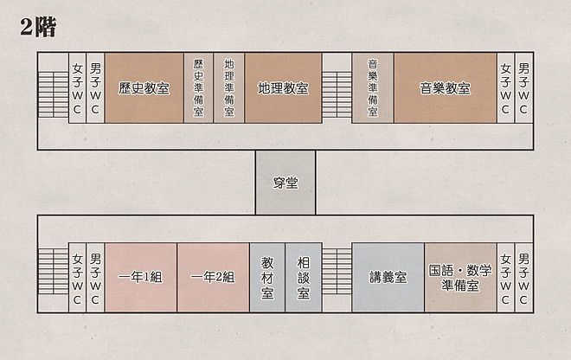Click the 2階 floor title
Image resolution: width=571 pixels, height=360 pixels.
39,28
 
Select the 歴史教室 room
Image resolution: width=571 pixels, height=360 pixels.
144,87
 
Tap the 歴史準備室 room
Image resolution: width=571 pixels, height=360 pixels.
198,87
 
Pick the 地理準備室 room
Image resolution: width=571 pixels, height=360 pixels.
228,87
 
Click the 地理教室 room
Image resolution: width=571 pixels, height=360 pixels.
283,87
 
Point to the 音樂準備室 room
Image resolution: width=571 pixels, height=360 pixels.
372,87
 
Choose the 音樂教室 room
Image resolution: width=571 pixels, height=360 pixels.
445,87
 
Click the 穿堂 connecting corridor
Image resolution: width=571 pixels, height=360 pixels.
285,182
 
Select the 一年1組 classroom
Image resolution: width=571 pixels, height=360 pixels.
140,277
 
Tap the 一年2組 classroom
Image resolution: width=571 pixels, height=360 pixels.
213,277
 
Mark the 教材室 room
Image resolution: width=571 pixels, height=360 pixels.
266,277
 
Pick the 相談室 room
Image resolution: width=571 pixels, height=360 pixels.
303,277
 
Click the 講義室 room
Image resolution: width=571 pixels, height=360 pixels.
387,277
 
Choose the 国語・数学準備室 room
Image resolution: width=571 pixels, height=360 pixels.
460,277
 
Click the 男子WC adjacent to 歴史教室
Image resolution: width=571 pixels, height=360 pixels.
95,87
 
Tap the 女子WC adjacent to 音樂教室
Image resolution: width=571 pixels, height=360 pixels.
505,87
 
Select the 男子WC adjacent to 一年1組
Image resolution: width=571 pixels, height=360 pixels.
95,277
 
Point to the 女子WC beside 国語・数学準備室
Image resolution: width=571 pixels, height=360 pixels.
505,277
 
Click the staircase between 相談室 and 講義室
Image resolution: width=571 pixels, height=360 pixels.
336,277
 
